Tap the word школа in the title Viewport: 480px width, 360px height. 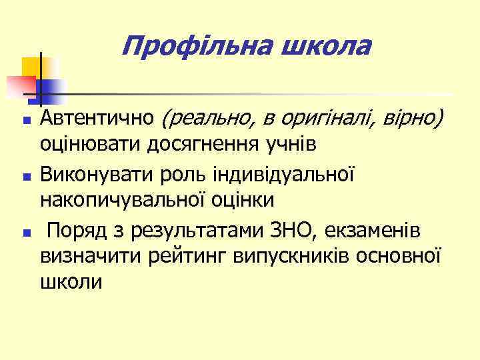327,47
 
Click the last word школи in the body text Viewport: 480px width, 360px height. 71,280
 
